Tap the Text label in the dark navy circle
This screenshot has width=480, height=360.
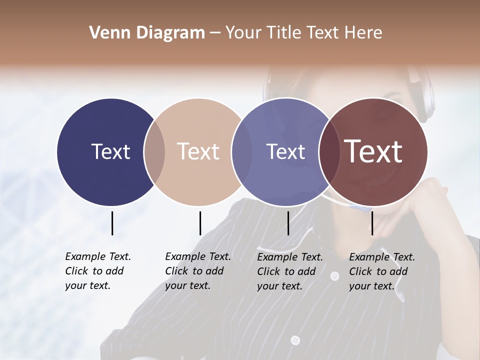click(x=110, y=151)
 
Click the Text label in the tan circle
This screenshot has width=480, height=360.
click(x=198, y=151)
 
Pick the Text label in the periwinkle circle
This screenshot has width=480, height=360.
click(x=285, y=151)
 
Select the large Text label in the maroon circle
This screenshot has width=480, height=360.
click(x=373, y=151)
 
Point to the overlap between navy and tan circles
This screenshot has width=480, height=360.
click(x=154, y=152)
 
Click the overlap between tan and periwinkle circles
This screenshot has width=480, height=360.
click(x=242, y=152)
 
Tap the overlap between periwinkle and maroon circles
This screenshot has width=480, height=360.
click(x=329, y=152)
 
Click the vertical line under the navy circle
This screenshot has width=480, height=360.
click(x=112, y=223)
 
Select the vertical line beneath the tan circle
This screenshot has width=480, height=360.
click(x=200, y=223)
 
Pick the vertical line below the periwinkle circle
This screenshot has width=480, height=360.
click(x=288, y=223)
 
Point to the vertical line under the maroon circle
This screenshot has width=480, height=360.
click(x=372, y=223)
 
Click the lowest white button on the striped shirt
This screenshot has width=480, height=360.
click(x=295, y=340)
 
